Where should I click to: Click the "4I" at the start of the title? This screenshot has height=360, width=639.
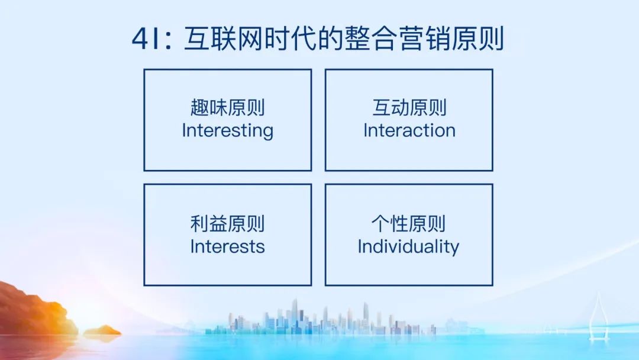pos(146,38)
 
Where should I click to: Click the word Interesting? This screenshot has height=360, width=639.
pos(227,131)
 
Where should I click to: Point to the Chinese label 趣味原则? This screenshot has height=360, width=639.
pos(227,108)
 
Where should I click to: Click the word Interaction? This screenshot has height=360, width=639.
pos(409,130)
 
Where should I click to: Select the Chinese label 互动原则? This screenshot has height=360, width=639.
pos(409,108)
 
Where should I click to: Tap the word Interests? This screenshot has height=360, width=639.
pos(227,247)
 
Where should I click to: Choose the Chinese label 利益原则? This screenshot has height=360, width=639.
pos(227,224)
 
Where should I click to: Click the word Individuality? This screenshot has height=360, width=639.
pos(408,247)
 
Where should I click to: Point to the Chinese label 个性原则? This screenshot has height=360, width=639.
pos(408,224)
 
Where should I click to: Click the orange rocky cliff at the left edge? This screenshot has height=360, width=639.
pos(35,309)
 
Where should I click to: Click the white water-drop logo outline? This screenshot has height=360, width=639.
pos(598,316)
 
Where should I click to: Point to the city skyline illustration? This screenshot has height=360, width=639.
pos(322,318)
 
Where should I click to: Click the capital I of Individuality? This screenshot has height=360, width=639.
pos(360,246)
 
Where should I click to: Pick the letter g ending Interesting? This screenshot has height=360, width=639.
pos(268,133)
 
